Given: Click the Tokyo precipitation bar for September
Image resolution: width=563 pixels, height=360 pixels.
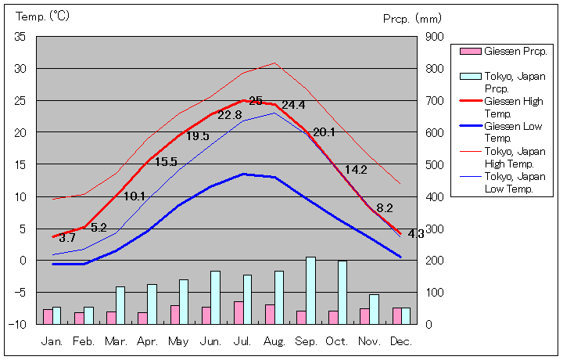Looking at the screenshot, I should click(x=310, y=290).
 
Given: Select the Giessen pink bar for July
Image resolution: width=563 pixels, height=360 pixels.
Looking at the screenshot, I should click(x=238, y=312).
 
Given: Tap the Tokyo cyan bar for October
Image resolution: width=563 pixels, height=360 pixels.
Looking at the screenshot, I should click(x=342, y=292).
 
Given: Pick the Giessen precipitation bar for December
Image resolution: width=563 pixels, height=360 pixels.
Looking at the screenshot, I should click(x=396, y=315).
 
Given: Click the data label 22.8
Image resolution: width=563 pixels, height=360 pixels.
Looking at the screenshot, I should click(x=229, y=115).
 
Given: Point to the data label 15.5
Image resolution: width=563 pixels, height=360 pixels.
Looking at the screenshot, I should click(x=166, y=162).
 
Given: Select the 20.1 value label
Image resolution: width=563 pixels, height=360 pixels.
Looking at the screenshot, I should click(x=324, y=133).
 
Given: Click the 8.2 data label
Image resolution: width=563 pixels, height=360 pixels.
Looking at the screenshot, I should click(x=385, y=208).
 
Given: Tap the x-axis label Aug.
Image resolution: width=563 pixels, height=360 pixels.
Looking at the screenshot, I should click(x=274, y=342).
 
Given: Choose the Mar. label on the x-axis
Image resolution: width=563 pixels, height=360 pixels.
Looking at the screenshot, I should click(x=116, y=342).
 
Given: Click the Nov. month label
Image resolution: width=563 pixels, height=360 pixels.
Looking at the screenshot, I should click(x=369, y=342).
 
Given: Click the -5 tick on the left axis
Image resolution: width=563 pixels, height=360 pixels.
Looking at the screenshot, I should click(x=20, y=292).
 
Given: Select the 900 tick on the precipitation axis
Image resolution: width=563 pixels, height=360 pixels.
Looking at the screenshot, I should click(x=435, y=37).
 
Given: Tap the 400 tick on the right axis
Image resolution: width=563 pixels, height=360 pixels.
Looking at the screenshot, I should click(x=435, y=196).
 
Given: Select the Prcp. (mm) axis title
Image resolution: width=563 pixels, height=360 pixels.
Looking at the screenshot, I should click(x=412, y=18).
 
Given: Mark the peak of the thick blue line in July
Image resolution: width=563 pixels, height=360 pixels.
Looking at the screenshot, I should click(x=244, y=174).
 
